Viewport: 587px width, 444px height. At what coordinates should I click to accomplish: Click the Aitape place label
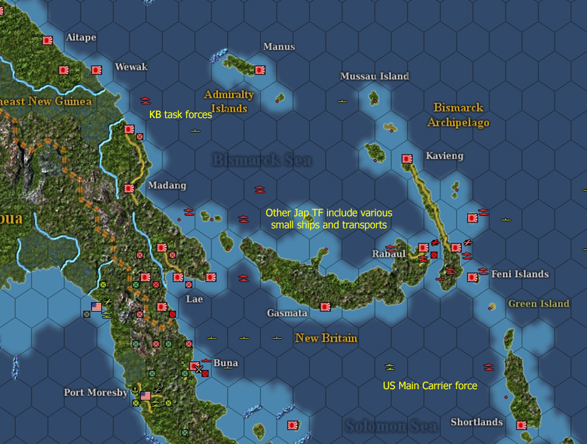81,37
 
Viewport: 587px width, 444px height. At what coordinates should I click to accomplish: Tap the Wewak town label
131,66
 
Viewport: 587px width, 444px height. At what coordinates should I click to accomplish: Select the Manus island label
279,46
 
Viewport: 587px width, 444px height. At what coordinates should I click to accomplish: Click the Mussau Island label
374,77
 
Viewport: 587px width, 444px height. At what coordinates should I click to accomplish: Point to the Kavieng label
444,155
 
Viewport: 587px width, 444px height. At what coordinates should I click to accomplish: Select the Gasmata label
287,313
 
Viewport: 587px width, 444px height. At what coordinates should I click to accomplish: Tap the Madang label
167,185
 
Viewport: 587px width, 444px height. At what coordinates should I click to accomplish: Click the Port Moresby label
96,392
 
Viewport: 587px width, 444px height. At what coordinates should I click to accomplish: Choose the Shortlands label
477,422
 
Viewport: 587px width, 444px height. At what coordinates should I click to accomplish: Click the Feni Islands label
520,274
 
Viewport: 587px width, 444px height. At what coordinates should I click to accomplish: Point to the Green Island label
539,304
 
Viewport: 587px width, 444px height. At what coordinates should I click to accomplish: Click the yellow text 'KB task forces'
181,114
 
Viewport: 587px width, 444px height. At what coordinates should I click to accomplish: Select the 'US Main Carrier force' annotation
430,386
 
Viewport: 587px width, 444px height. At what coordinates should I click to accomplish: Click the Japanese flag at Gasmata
326,307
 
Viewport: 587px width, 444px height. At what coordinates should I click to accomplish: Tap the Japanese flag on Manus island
260,70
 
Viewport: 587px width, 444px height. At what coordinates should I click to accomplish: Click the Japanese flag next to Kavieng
407,159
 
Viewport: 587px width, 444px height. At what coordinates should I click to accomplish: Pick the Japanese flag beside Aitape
48,40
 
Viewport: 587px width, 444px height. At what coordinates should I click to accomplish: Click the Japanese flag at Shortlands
521,425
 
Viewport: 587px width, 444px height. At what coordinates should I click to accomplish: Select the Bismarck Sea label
262,160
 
